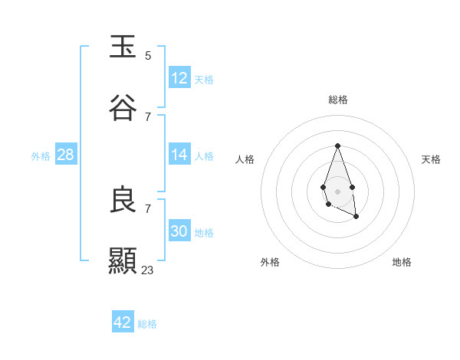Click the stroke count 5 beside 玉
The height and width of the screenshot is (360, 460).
[x=148, y=56]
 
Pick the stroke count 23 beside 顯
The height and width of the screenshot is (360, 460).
[x=148, y=270]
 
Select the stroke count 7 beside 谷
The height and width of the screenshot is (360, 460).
[x=148, y=117]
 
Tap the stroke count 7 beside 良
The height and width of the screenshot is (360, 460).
[x=148, y=208]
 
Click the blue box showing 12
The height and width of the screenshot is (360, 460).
[x=179, y=78]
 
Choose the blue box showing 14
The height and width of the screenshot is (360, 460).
[x=179, y=155]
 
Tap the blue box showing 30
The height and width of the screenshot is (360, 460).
[x=179, y=231]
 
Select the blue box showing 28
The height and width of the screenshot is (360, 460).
[x=66, y=155]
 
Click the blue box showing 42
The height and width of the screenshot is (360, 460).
[x=123, y=322]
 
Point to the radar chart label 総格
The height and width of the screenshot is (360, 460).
[x=338, y=100]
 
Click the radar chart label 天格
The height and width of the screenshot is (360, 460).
[x=432, y=159]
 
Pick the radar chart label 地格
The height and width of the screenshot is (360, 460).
[x=402, y=262]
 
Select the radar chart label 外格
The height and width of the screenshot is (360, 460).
[x=270, y=262]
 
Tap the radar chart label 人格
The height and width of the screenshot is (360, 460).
[x=245, y=159]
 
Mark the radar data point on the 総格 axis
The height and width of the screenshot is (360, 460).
[x=337, y=146]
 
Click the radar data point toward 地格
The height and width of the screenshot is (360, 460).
[x=356, y=217]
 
